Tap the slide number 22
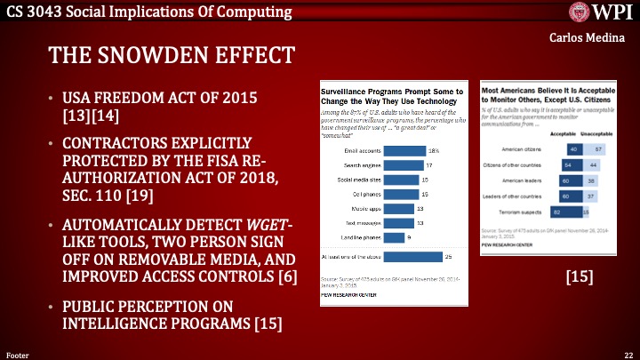(628, 354)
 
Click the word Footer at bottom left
(18, 354)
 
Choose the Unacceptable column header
(591, 133)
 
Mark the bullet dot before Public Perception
(52, 307)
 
